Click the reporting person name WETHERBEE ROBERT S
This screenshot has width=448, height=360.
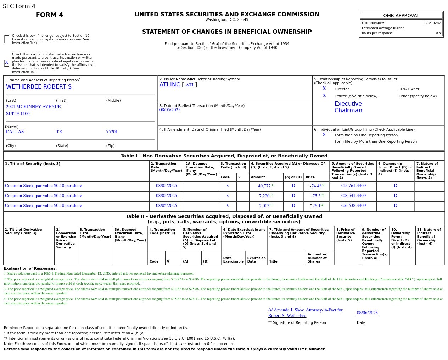tap(39, 87)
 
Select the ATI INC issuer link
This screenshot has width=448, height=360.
tap(170, 85)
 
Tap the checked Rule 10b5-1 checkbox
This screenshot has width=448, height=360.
tap(7, 63)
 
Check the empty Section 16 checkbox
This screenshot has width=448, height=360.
tap(7, 39)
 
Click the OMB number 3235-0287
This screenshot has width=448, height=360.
tap(432, 23)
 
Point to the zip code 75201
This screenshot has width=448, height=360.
tap(112, 132)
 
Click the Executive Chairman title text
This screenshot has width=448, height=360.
tap(348, 107)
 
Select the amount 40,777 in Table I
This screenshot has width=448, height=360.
tap(264, 186)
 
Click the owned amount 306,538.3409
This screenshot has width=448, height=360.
tap(353, 206)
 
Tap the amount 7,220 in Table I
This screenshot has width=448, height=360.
tap(264, 196)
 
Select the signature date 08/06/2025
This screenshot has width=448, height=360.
tap(367, 313)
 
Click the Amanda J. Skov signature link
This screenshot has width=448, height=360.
tap(305, 313)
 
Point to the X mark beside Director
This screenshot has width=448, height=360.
tap(324, 89)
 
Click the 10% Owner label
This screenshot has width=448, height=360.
tap(409, 89)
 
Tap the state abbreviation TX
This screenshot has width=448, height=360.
tap(59, 132)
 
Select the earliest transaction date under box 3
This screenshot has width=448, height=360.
tap(170, 110)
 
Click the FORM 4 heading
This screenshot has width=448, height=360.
tap(49, 15)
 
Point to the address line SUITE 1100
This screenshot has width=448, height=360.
tap(18, 114)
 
